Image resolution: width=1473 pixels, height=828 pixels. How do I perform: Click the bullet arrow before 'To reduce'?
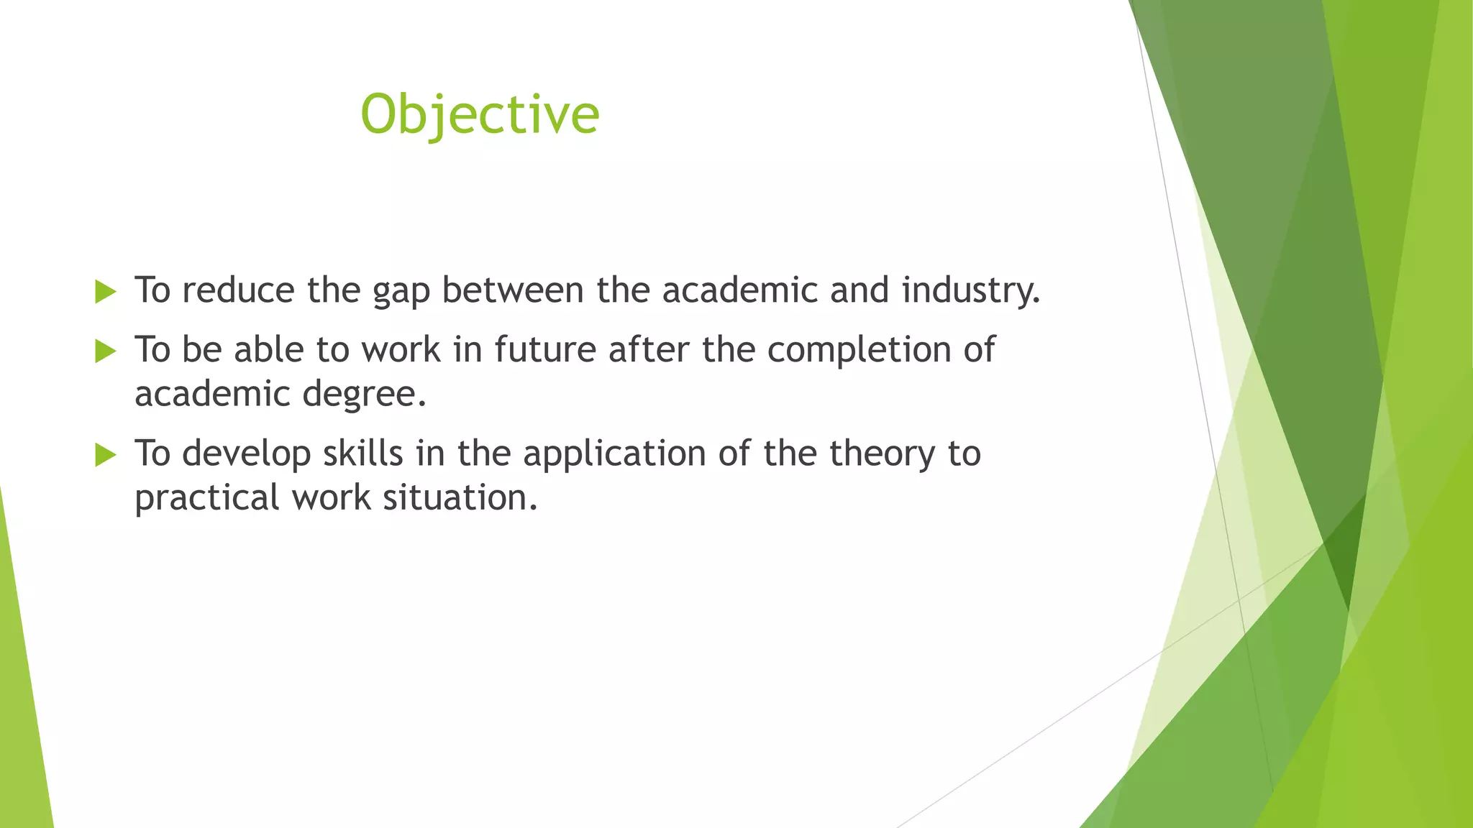pos(105,292)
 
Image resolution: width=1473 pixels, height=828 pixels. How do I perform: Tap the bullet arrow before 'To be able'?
pos(105,351)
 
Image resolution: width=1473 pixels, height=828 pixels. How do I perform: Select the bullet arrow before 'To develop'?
pos(105,454)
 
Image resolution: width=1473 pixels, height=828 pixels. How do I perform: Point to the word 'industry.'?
pos(971,291)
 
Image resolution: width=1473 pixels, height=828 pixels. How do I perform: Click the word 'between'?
pos(512,290)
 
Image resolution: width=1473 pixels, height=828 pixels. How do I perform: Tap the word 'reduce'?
pos(238,290)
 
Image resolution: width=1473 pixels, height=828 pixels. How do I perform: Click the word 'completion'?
pos(859,351)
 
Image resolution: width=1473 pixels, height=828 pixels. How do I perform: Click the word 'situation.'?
pos(460,497)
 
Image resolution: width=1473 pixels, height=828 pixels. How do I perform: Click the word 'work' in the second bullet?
pos(401,350)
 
